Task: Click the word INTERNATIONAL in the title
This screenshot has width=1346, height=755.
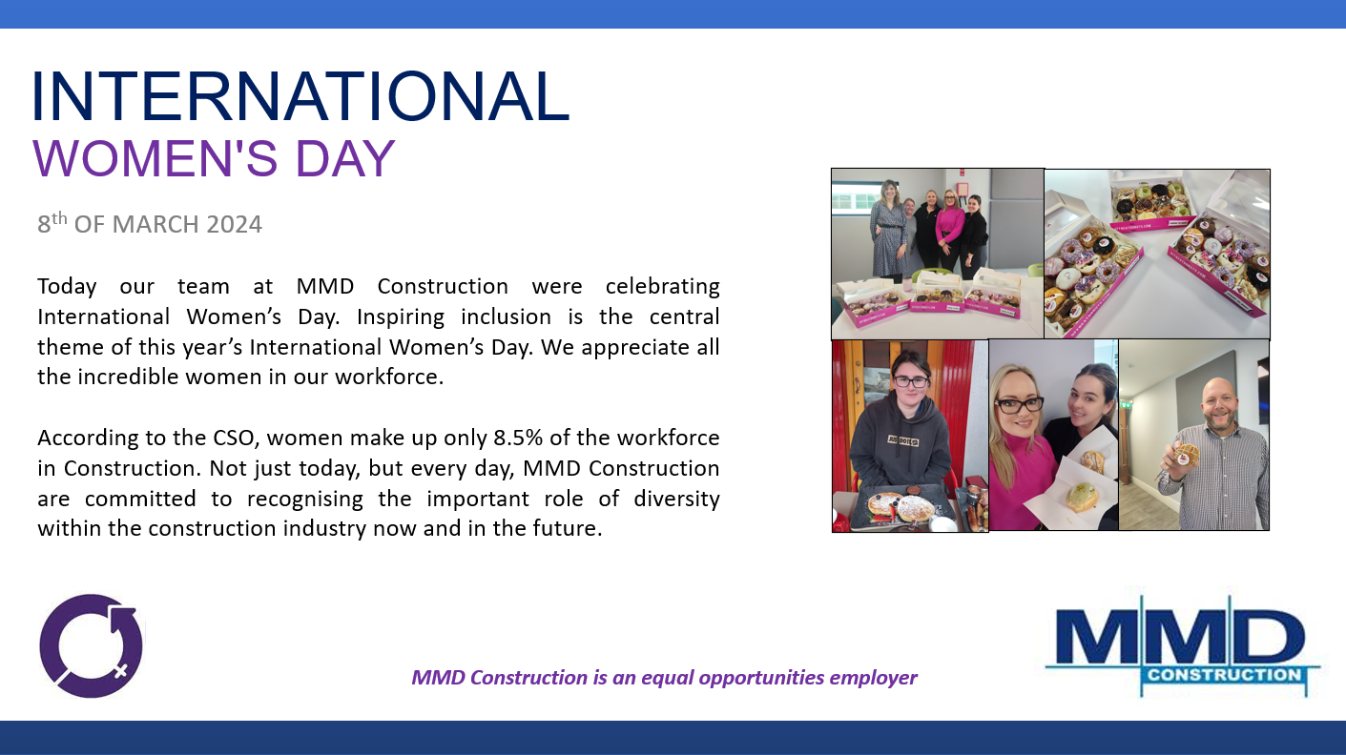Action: (300, 96)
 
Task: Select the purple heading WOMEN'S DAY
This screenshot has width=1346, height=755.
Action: (214, 158)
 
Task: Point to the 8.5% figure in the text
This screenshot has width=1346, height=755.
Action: (518, 438)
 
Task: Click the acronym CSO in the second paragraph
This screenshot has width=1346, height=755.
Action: (236, 438)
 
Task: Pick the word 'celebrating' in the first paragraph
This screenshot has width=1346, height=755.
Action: (662, 287)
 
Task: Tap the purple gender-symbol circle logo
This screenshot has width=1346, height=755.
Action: (92, 645)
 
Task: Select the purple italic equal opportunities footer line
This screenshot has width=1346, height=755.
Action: (665, 678)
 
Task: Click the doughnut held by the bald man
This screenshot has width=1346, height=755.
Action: (1186, 456)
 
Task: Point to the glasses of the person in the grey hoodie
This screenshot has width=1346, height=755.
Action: (911, 381)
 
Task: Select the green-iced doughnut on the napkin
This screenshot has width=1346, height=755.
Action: (1082, 499)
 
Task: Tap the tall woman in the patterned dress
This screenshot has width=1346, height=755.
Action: (889, 230)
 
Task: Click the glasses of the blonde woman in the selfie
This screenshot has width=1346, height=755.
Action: (1019, 405)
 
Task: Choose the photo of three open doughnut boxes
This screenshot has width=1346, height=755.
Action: (1157, 255)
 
